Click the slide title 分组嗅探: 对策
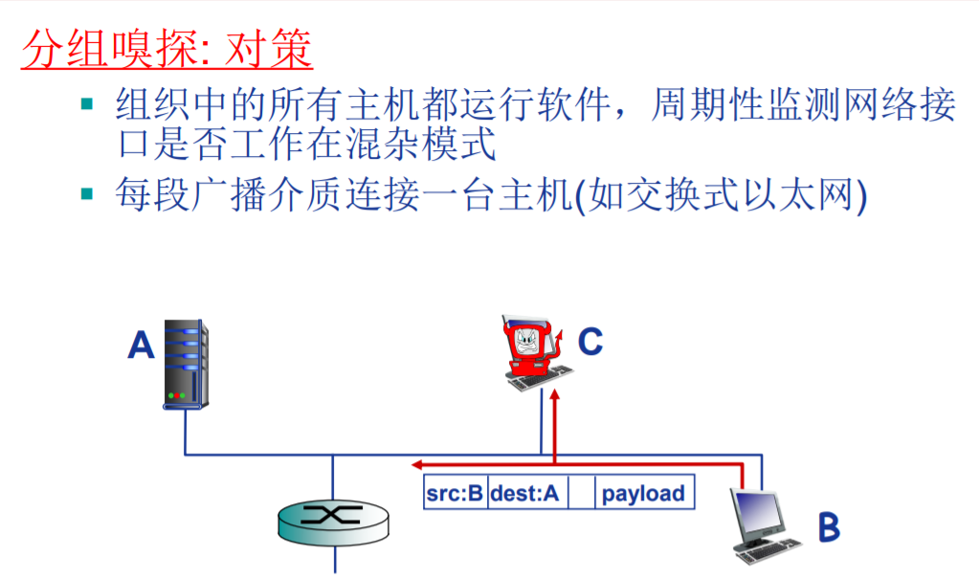(167, 49)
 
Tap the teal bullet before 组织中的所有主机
(88, 101)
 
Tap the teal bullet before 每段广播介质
(88, 193)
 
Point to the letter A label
(141, 345)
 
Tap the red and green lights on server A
(178, 394)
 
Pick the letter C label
(590, 341)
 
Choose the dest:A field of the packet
(527, 494)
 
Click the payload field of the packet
(644, 494)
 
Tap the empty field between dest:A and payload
(581, 494)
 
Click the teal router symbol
(334, 518)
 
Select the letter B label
(828, 526)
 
